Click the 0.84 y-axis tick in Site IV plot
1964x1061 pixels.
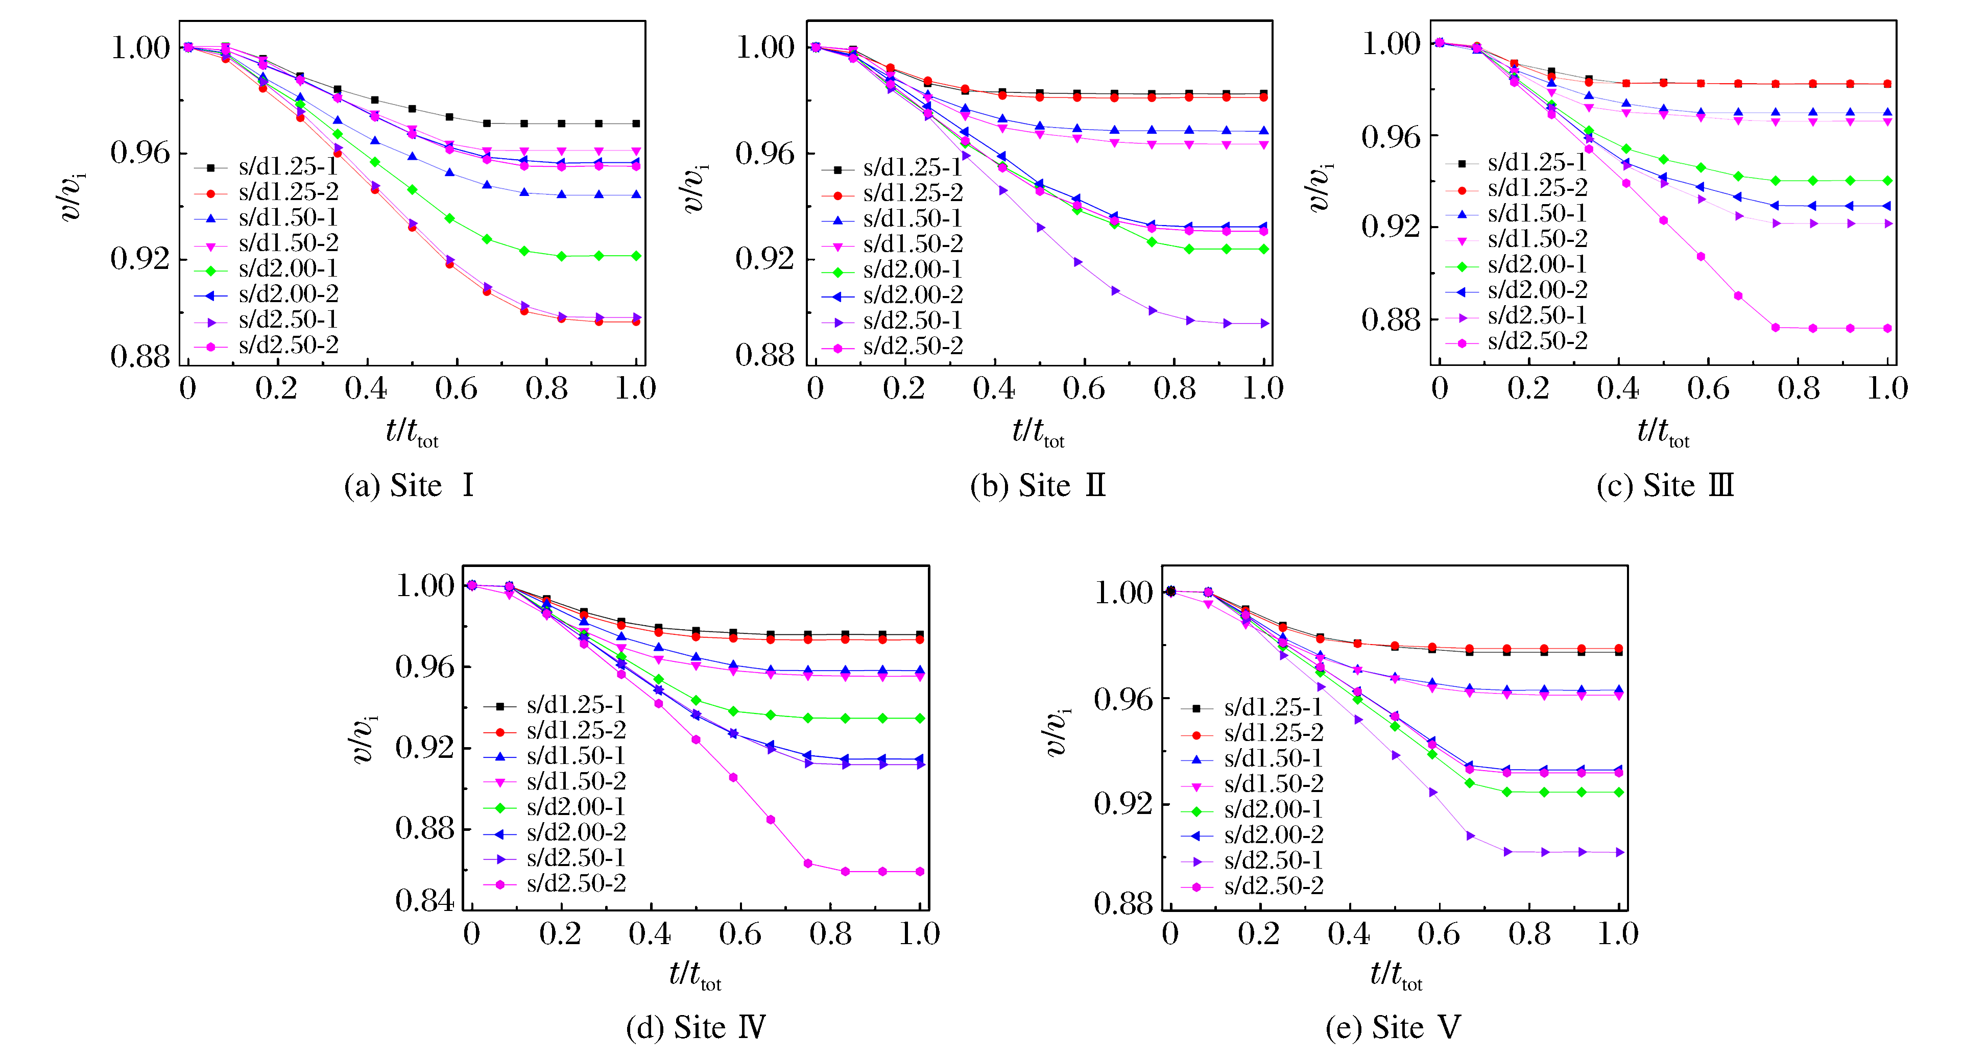(424, 901)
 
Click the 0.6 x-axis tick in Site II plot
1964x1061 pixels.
(1084, 389)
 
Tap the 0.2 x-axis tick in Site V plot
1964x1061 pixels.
(1259, 934)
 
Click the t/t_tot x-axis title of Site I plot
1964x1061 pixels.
(412, 432)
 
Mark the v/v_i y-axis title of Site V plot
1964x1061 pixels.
(1055, 732)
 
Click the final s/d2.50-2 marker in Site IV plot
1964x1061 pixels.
(920, 871)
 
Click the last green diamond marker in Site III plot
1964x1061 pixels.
(1887, 181)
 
